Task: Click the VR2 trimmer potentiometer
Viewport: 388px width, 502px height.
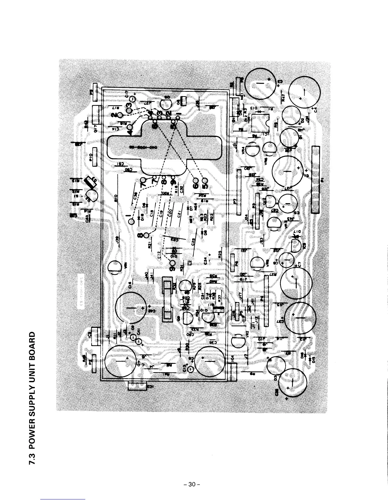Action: (x=238, y=342)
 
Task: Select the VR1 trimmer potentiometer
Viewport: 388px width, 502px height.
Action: (x=114, y=268)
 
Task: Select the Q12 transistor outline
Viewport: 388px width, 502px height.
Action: (x=270, y=201)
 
